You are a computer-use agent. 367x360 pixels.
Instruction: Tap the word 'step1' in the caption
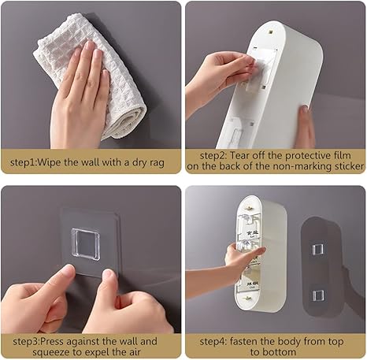pyautogui.click(x=22, y=162)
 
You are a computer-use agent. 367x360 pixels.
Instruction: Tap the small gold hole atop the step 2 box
pyautogui.click(x=270, y=32)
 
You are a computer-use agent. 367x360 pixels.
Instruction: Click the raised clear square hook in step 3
pyautogui.click(x=86, y=244)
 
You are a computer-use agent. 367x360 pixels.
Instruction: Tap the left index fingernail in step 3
pyautogui.click(x=69, y=270)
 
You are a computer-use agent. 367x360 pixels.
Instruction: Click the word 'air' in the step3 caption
pyautogui.click(x=134, y=352)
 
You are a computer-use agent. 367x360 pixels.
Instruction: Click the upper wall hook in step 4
pyautogui.click(x=317, y=249)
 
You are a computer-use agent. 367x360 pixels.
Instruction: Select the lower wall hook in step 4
pyautogui.click(x=318, y=295)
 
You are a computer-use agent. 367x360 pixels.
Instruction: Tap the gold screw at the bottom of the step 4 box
pyautogui.click(x=248, y=298)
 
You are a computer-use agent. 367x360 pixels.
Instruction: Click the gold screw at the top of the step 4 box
pyautogui.click(x=249, y=209)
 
